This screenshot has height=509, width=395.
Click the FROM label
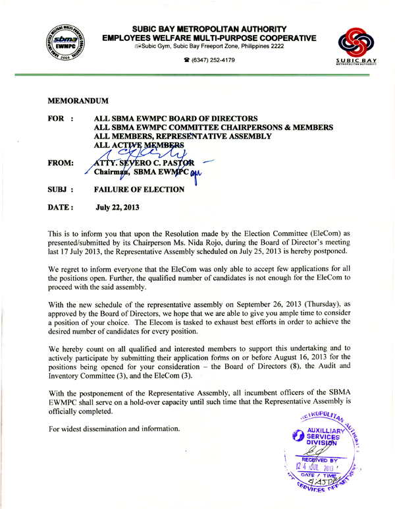click(63, 160)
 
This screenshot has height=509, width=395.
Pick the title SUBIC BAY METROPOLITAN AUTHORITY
click(209, 29)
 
